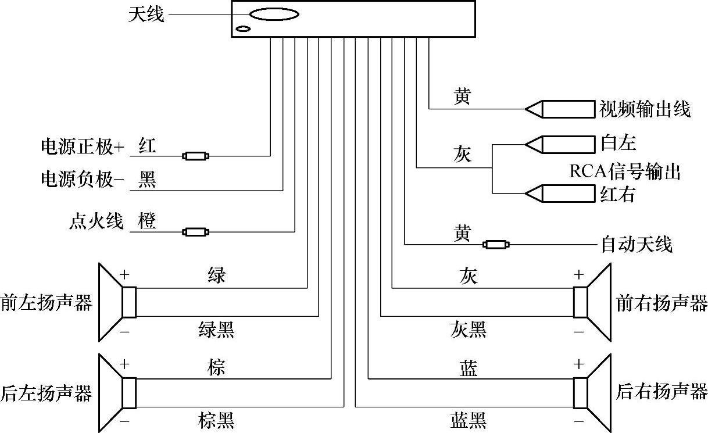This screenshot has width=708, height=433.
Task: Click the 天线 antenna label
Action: (146, 15)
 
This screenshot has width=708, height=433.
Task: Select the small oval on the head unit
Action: (243, 29)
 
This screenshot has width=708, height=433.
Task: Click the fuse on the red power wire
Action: (196, 156)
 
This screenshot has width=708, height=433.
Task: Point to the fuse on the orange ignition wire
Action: (196, 232)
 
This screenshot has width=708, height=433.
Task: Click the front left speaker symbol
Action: (117, 302)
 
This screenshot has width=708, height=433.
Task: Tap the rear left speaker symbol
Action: (117, 392)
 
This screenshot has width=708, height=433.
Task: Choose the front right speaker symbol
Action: (592, 302)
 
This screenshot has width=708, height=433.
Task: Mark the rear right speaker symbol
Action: (592, 392)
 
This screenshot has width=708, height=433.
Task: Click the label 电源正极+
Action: (82, 147)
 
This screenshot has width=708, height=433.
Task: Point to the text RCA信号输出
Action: (624, 172)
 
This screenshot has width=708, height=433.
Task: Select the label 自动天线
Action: (636, 245)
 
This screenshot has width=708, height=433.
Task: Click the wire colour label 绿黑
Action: (216, 330)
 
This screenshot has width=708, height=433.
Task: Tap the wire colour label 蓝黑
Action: (468, 420)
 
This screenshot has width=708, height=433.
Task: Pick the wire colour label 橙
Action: (147, 221)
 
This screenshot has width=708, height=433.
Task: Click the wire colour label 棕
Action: (216, 367)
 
